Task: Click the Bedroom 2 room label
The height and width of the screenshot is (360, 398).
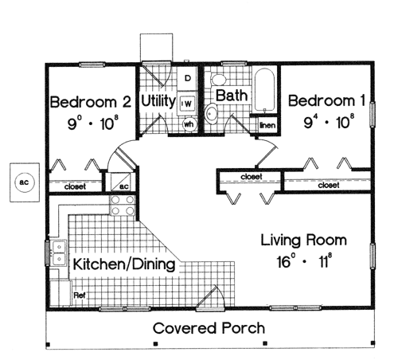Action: pos(91,102)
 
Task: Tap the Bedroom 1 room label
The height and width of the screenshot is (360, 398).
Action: pos(327,101)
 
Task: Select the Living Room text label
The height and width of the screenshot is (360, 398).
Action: pos(304,241)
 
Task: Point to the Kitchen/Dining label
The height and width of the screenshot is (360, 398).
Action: pos(124,264)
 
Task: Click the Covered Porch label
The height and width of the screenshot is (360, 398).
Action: pos(209,328)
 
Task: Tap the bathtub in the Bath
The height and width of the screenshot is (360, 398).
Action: pos(264,91)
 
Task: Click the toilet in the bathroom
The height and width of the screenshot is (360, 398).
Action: pos(218,80)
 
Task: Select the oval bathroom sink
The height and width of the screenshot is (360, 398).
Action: pos(211,114)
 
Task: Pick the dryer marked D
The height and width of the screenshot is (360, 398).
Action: pos(187,78)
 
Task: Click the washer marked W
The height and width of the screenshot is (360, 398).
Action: pos(187,104)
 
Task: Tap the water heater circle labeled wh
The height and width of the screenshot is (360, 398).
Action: pos(189,124)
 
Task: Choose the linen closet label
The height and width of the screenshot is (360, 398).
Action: pos(267,125)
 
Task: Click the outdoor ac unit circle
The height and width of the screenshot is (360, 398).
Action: pos(25,182)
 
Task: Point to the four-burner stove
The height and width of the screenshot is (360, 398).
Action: pos(123,205)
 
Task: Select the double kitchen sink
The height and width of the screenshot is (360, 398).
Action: pos(59,252)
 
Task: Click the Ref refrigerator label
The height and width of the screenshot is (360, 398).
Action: pos(80,295)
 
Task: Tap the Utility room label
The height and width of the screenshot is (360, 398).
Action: pos(158,101)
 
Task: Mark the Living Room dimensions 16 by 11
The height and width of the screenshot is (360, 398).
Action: pos(304,261)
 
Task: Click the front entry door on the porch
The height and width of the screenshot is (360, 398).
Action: pos(210,299)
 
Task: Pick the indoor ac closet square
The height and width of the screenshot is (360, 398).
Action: pos(121,182)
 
